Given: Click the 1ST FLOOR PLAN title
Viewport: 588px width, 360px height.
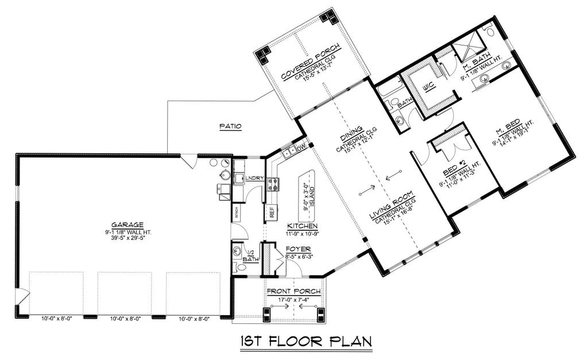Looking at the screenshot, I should (305, 342).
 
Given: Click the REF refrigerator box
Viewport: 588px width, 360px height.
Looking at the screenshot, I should (269, 212).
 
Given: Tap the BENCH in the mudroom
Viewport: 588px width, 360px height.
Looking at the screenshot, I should (237, 212).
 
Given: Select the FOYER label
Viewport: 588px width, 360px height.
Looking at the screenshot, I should (298, 249).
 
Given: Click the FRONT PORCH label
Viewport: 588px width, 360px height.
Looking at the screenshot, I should (293, 292).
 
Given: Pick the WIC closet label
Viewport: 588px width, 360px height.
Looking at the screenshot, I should (428, 87).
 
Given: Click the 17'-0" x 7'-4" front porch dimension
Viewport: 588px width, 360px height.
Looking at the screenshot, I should (293, 299).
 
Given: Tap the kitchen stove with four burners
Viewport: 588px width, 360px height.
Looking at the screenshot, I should (273, 184).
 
